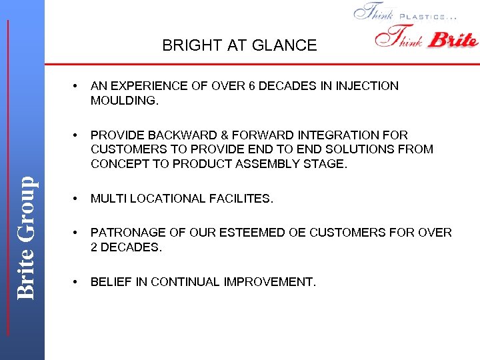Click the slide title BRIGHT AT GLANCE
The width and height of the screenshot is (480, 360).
pyautogui.click(x=239, y=45)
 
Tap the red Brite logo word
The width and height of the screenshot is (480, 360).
pyautogui.click(x=453, y=40)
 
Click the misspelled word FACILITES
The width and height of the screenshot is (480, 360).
pyautogui.click(x=240, y=199)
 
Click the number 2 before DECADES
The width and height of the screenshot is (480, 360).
pyautogui.click(x=95, y=247)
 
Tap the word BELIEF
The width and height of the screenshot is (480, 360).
pyautogui.click(x=111, y=282)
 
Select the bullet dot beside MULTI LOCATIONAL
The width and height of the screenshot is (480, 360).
pyautogui.click(x=77, y=199)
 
